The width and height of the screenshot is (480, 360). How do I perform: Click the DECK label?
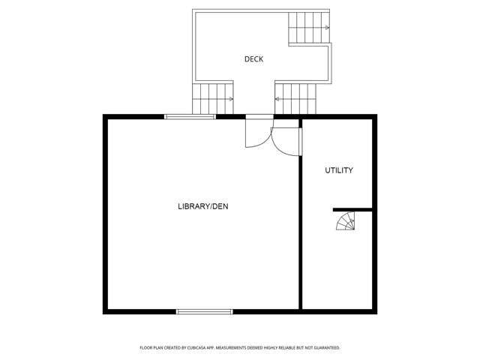click(253, 59)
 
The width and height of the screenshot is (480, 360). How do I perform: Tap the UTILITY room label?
click(339, 170)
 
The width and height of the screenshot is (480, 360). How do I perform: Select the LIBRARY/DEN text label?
click(203, 206)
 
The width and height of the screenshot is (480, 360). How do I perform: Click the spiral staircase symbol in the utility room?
click(346, 221)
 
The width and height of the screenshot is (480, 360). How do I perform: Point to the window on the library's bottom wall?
click(205, 312)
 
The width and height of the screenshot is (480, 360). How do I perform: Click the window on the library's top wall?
click(190, 117)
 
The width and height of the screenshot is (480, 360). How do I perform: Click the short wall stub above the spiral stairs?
click(352, 210)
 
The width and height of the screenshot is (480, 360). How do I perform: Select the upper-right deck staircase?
click(309, 28)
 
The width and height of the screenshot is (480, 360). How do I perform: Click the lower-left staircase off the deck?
click(213, 99)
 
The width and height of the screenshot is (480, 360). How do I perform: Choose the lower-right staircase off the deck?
click(295, 99)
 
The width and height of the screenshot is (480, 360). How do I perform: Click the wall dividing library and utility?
click(300, 232)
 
